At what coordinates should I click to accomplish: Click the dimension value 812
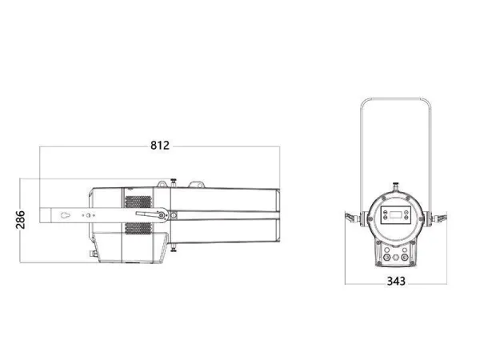160,146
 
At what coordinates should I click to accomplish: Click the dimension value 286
21,218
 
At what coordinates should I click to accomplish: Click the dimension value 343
395,281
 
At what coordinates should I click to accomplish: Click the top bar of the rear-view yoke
395,99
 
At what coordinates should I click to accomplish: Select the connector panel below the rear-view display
394,251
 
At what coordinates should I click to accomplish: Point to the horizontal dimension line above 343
395,271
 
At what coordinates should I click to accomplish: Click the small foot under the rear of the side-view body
95,254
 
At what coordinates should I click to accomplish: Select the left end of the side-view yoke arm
45,214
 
